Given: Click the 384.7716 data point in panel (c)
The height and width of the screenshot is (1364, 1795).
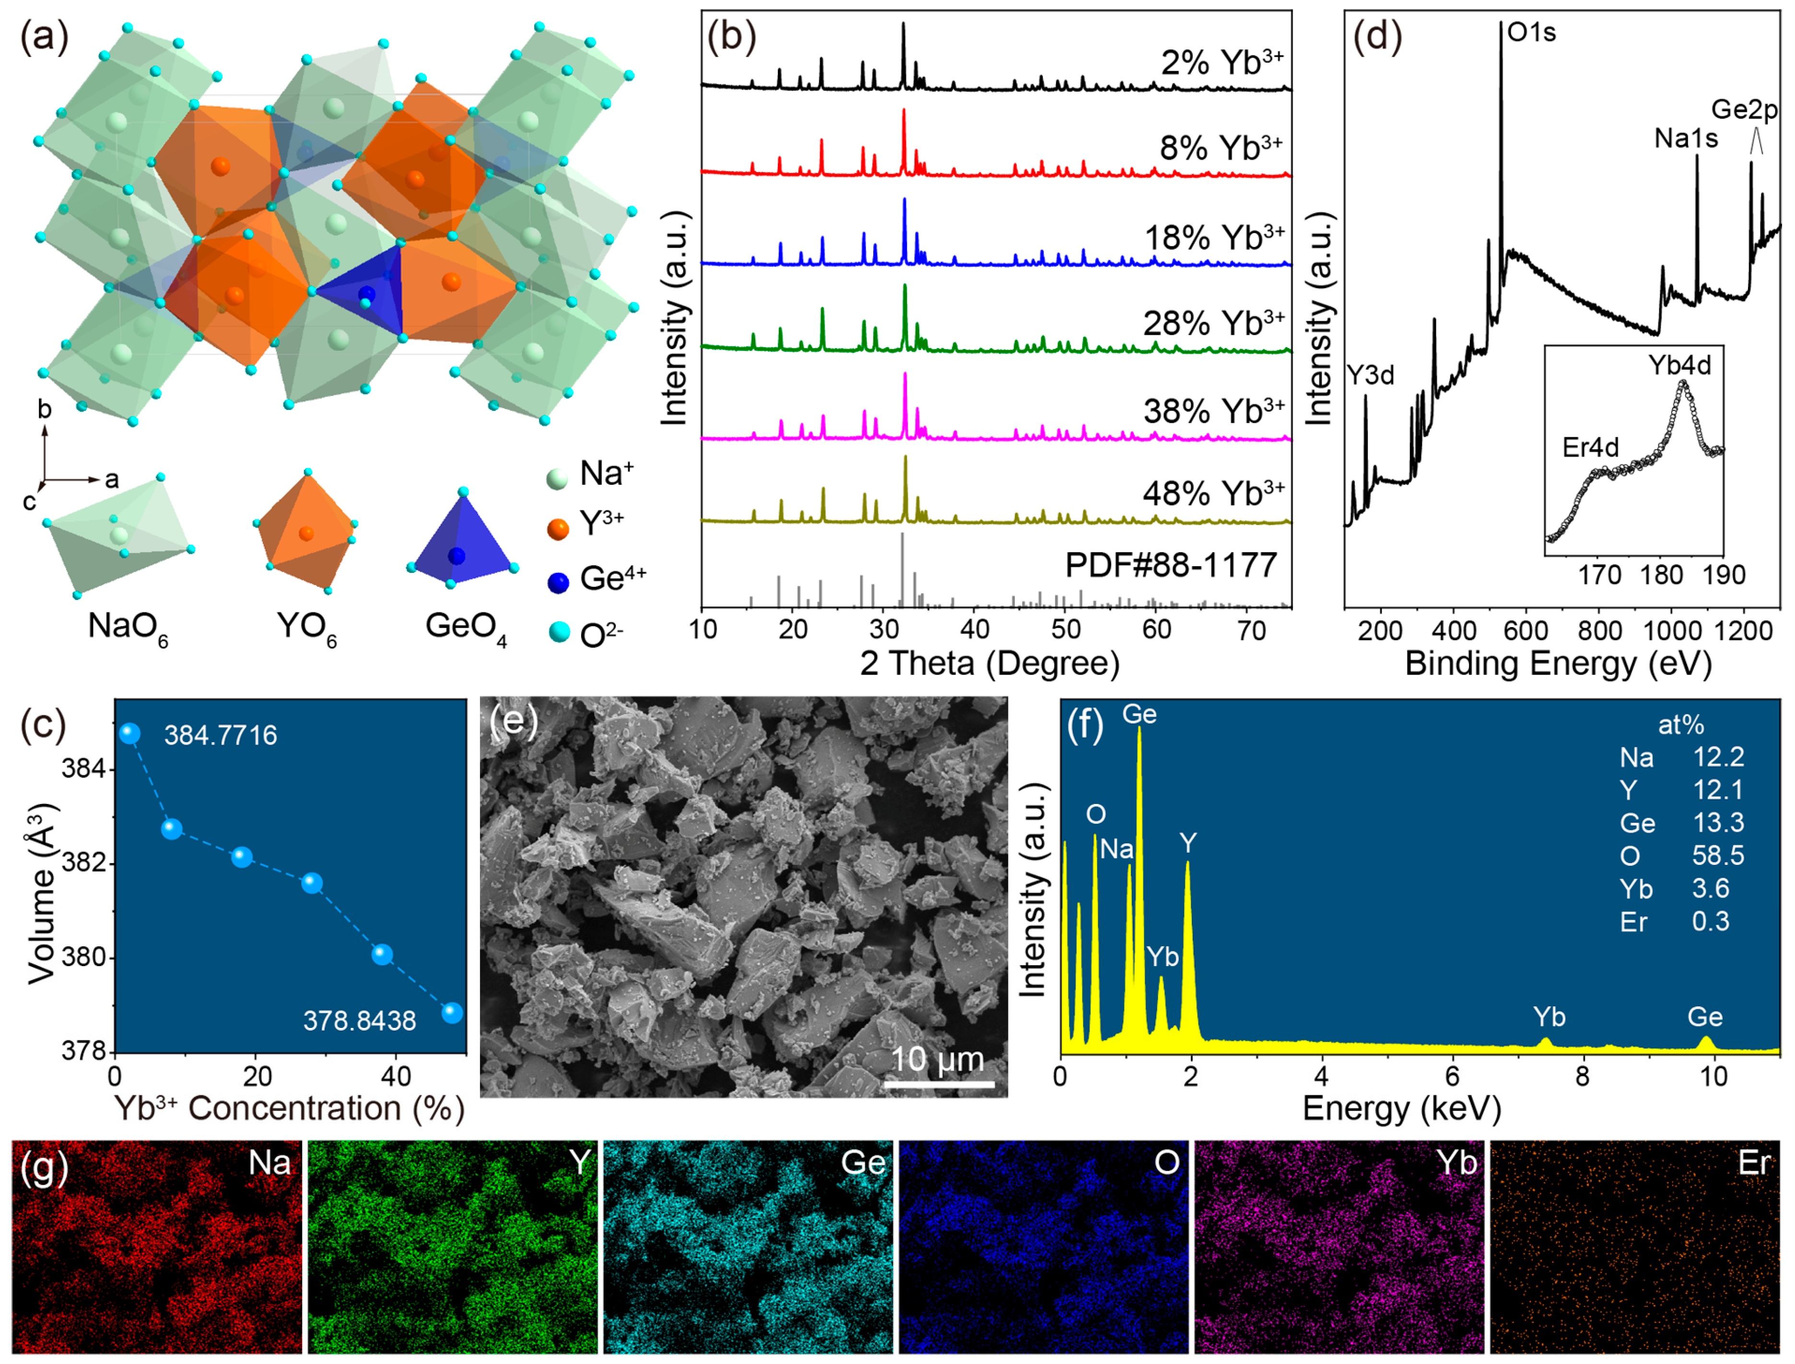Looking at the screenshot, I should tap(129, 733).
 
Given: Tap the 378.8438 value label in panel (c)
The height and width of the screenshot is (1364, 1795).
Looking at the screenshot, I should tap(359, 1021).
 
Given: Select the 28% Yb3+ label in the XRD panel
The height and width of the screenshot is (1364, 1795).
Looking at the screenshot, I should tap(1213, 323).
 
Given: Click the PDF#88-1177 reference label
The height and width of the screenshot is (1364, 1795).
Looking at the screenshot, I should tap(1171, 565).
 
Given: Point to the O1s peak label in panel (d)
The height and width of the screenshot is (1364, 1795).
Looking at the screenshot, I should tap(1531, 33).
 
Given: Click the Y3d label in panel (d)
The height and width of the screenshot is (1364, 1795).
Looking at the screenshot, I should tap(1370, 374).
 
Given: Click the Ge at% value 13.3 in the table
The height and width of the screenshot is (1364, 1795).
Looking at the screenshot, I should tap(1718, 822).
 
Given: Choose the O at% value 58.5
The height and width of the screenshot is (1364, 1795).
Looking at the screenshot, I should tap(1718, 856).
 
